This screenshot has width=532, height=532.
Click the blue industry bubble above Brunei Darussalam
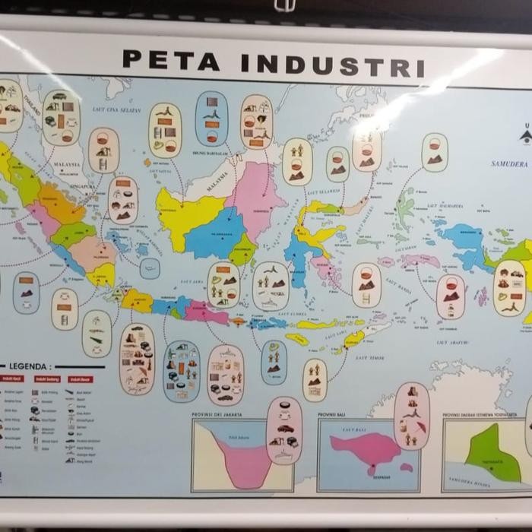[x=211, y=119]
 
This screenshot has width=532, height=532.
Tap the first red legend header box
[x=13, y=378]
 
